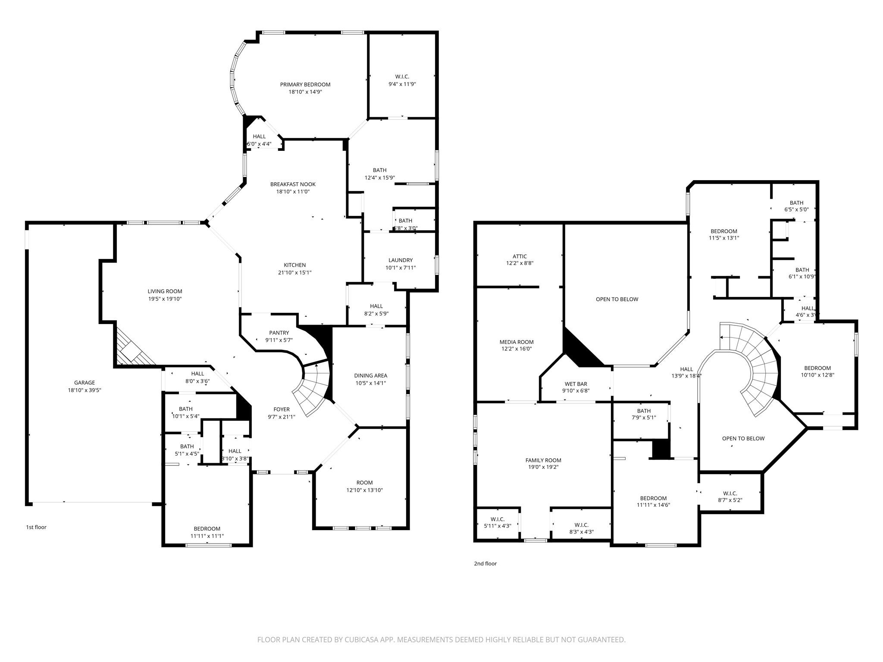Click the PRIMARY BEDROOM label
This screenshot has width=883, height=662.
coord(305,84)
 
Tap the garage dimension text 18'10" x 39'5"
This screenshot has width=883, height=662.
coord(85,390)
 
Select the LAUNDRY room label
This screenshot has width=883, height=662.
coord(400,260)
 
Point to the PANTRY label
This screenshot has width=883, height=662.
coord(279,333)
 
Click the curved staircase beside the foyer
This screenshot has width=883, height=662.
coord(313,388)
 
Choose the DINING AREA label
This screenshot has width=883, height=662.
coord(370,375)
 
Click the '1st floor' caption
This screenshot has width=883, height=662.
coord(36,527)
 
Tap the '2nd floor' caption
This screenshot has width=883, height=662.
coord(485,563)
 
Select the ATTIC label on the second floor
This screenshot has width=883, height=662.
coord(520,256)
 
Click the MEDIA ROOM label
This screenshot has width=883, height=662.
coord(516,342)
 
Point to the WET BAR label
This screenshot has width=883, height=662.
coord(576,384)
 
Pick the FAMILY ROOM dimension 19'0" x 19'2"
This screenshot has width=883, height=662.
coord(543,467)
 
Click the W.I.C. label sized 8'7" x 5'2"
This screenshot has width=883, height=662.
coord(730,493)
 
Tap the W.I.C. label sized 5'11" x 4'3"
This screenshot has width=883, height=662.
coord(497,519)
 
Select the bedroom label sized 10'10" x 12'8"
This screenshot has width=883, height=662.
coord(817,368)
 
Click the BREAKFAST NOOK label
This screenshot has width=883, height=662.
coord(293,184)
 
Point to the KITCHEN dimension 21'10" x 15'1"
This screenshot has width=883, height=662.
coord(294,272)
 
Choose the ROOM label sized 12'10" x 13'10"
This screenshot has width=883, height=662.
coord(364,482)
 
